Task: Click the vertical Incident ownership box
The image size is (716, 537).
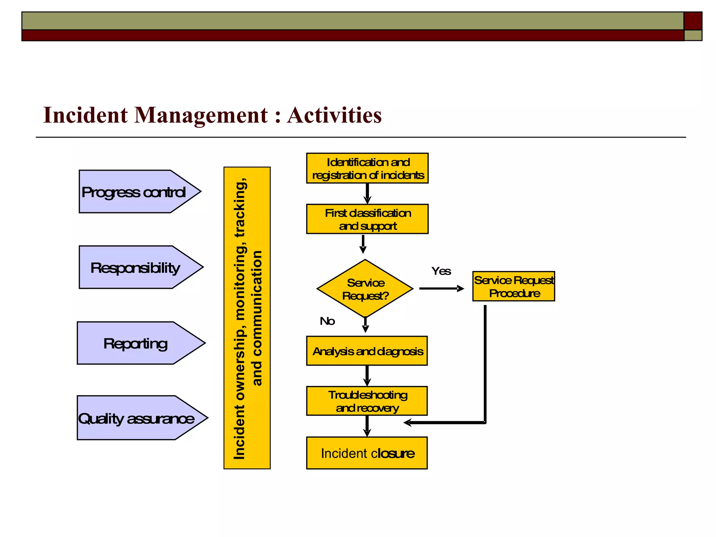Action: click(x=247, y=318)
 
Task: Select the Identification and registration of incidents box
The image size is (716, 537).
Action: click(x=367, y=168)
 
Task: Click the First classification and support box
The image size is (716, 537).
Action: click(x=367, y=219)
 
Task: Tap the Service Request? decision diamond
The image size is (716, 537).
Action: click(x=365, y=289)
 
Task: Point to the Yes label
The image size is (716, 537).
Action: click(x=441, y=271)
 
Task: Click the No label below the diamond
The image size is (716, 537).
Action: click(x=327, y=321)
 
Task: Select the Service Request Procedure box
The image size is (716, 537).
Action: click(x=514, y=286)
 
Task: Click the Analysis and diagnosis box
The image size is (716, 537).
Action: click(x=367, y=351)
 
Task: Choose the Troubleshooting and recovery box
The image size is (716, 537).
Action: click(x=367, y=401)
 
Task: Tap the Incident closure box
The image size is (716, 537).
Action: click(x=367, y=453)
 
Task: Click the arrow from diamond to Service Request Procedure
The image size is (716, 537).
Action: click(x=441, y=289)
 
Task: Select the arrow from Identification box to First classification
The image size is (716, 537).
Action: click(x=367, y=193)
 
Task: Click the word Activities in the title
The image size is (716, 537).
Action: click(x=334, y=115)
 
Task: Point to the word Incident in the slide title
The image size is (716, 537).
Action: click(x=85, y=115)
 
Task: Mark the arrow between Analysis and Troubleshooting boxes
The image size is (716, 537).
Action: click(x=367, y=375)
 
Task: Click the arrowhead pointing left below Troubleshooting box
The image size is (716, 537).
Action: click(x=408, y=423)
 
